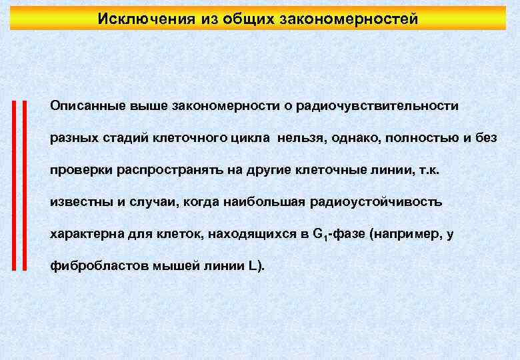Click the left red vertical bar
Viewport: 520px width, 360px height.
click(x=14, y=185)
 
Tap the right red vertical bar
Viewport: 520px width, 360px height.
click(x=23, y=185)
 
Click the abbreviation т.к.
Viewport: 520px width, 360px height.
click(x=428, y=170)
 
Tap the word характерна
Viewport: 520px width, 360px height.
click(x=83, y=235)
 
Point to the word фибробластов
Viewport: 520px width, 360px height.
click(x=90, y=267)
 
